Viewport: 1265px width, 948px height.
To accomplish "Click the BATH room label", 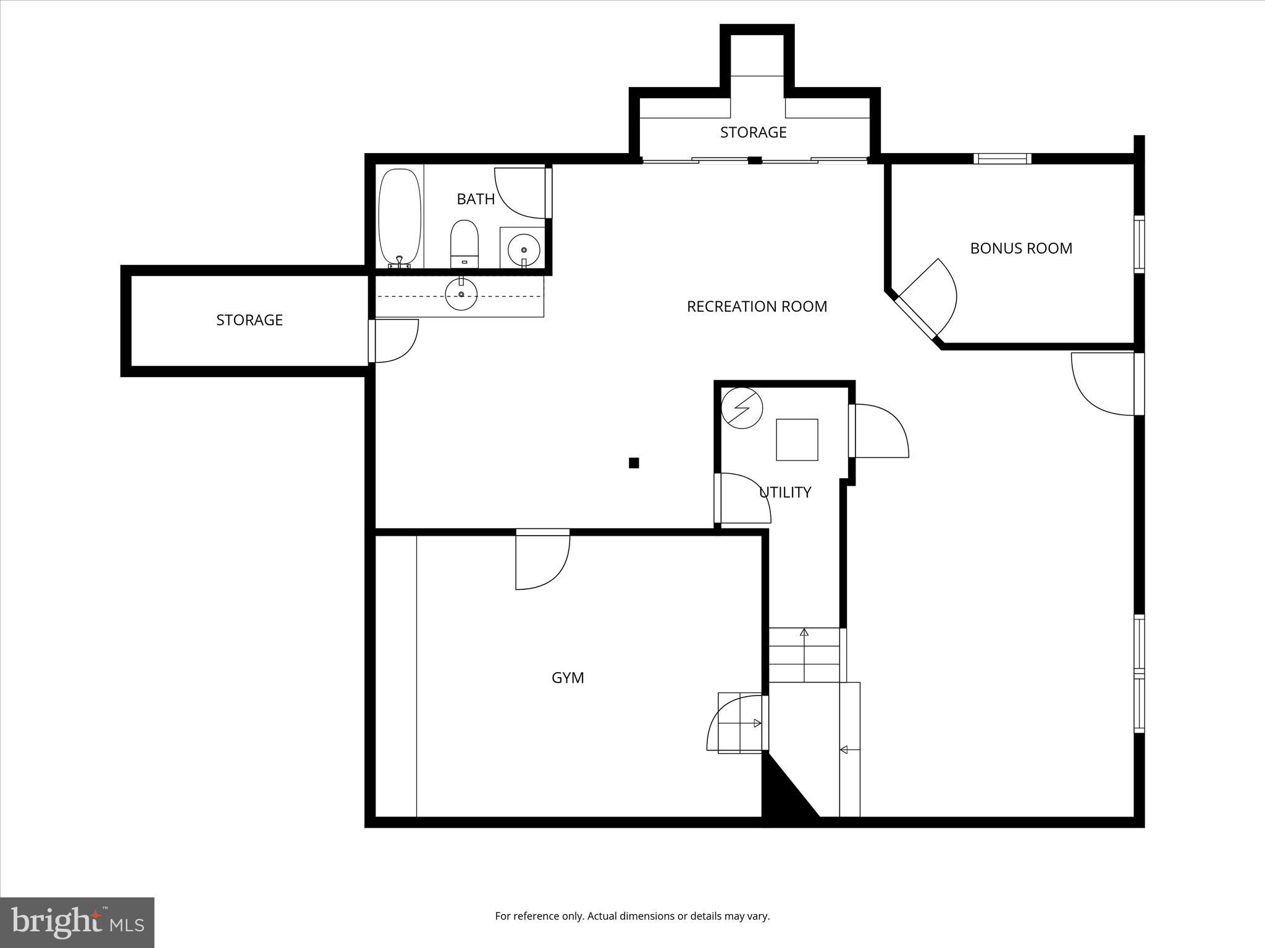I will coord(476,199).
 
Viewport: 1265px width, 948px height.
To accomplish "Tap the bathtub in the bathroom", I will coord(400,217).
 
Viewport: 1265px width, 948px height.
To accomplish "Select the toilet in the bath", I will coord(464,243).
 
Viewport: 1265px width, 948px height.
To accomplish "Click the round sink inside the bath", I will coord(523,249).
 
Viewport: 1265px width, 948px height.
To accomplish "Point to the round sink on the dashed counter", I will coord(461,294).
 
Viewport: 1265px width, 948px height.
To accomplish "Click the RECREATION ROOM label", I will coord(757,306).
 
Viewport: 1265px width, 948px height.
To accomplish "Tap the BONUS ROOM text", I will coord(1020,248).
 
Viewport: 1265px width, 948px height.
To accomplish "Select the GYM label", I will coord(567,678).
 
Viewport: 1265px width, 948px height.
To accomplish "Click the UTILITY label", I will coord(785,492).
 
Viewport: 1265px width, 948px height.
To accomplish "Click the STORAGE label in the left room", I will coord(249,320).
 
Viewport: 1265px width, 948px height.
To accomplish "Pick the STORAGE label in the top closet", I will coord(753,132).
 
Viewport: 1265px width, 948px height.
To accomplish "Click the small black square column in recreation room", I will coord(634,463).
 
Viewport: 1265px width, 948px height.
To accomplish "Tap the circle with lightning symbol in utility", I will coord(742,407).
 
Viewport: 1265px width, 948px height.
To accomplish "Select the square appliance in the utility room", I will coord(797,439).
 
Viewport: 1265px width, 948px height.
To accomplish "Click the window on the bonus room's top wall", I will coord(1002,159).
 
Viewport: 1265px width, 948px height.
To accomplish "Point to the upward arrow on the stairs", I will coord(804,633).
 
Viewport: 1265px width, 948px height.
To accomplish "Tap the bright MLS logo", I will coord(77,922).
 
